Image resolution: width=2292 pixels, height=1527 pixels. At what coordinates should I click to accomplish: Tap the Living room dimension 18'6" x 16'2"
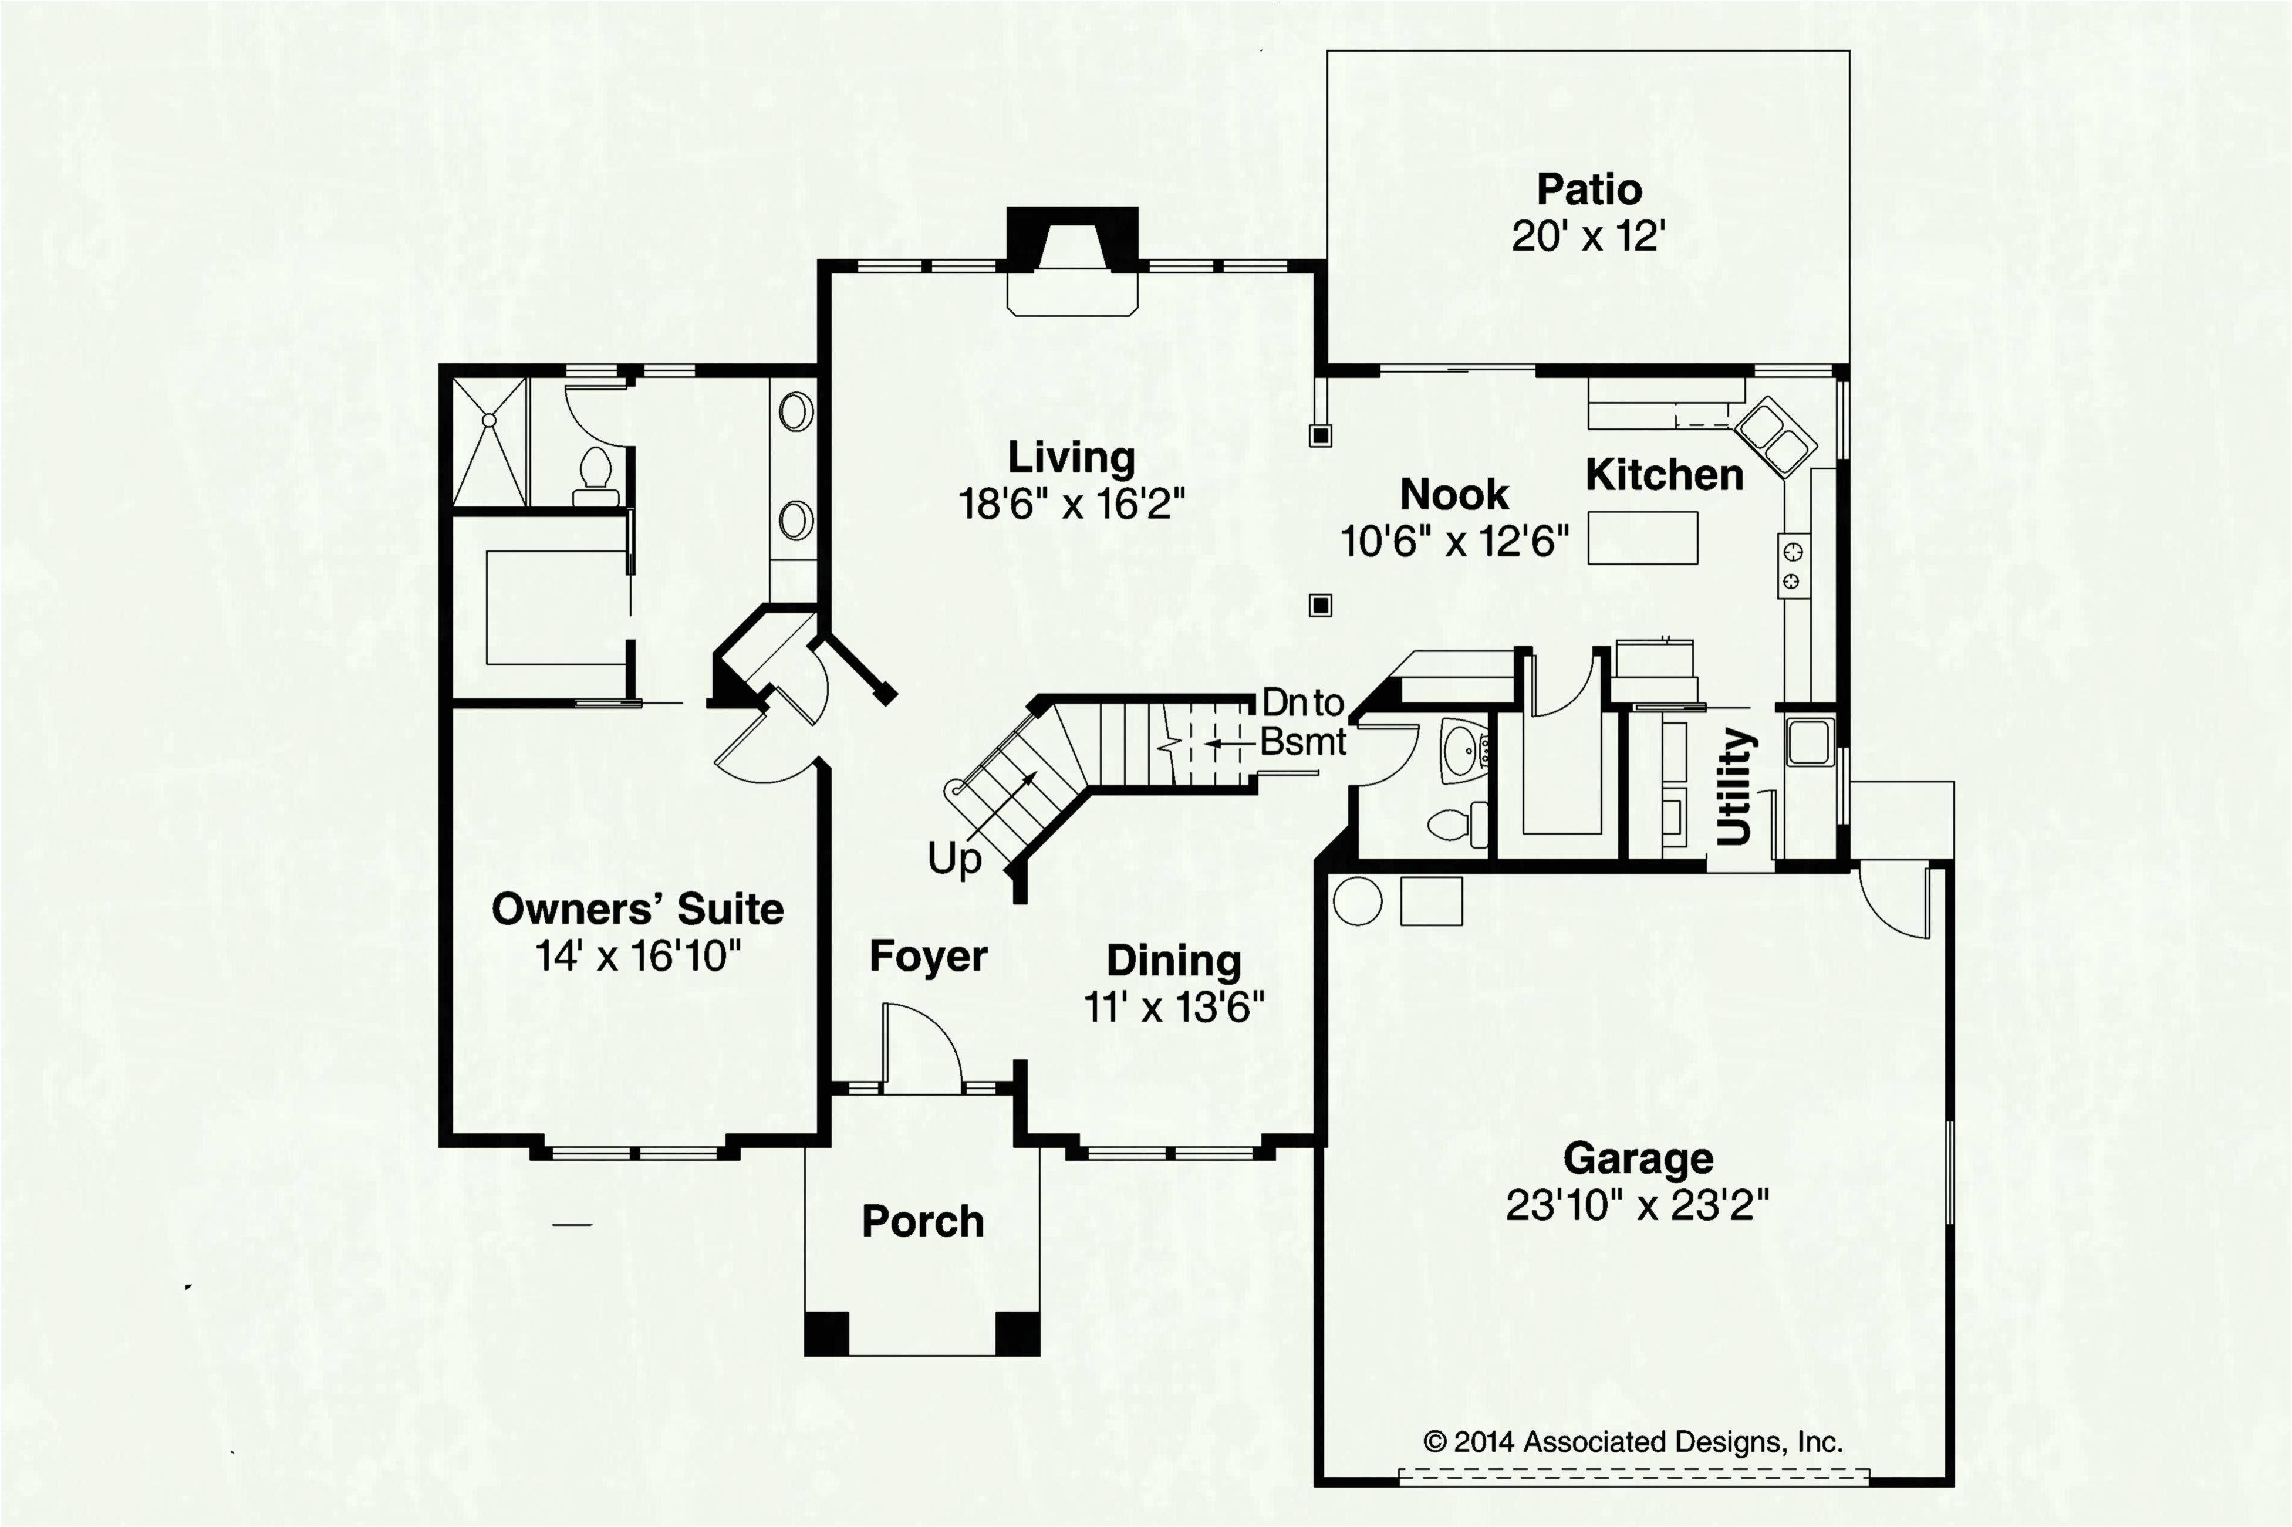[x=1072, y=505]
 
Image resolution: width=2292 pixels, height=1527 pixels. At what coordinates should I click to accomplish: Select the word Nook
[x=1454, y=495]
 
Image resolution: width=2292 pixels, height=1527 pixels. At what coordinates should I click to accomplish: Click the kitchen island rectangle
[x=1642, y=538]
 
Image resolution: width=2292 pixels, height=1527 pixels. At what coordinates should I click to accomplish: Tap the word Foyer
[x=929, y=957]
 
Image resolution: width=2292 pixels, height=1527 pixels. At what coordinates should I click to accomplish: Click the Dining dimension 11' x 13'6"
[x=1174, y=1007]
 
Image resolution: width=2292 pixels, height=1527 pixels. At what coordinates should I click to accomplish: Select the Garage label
[x=1638, y=1158]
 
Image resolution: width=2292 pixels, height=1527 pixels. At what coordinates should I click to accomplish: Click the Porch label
[x=923, y=1221]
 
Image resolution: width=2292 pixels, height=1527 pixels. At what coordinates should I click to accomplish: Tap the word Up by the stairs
[x=954, y=860]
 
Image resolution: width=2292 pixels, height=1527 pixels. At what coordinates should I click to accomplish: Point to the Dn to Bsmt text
[x=1304, y=722]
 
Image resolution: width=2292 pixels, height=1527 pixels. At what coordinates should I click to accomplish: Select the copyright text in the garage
[x=1632, y=1441]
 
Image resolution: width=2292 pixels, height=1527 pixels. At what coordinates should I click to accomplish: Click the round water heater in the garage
[x=1357, y=901]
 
